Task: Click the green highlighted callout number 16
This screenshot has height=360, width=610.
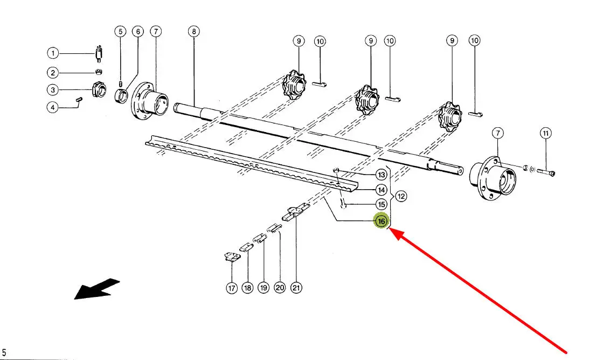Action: pyautogui.click(x=382, y=221)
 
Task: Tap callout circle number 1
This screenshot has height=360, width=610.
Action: pyautogui.click(x=52, y=53)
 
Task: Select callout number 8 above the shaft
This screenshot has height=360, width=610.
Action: pyautogui.click(x=194, y=32)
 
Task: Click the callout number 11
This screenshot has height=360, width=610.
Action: pyautogui.click(x=545, y=133)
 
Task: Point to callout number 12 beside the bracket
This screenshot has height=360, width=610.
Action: pyautogui.click(x=401, y=196)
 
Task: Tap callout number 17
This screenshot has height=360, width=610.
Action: pyautogui.click(x=232, y=288)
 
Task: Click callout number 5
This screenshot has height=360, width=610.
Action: pyautogui.click(x=121, y=32)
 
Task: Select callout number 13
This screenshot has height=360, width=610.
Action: pyautogui.click(x=382, y=175)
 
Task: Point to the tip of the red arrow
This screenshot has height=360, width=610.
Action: pyautogui.click(x=390, y=230)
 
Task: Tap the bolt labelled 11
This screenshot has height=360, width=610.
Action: pyautogui.click(x=547, y=172)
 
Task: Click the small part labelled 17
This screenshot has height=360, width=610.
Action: pyautogui.click(x=231, y=258)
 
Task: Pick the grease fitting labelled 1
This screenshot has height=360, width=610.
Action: pyautogui.click(x=98, y=54)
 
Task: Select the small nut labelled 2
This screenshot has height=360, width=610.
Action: pyautogui.click(x=98, y=72)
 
